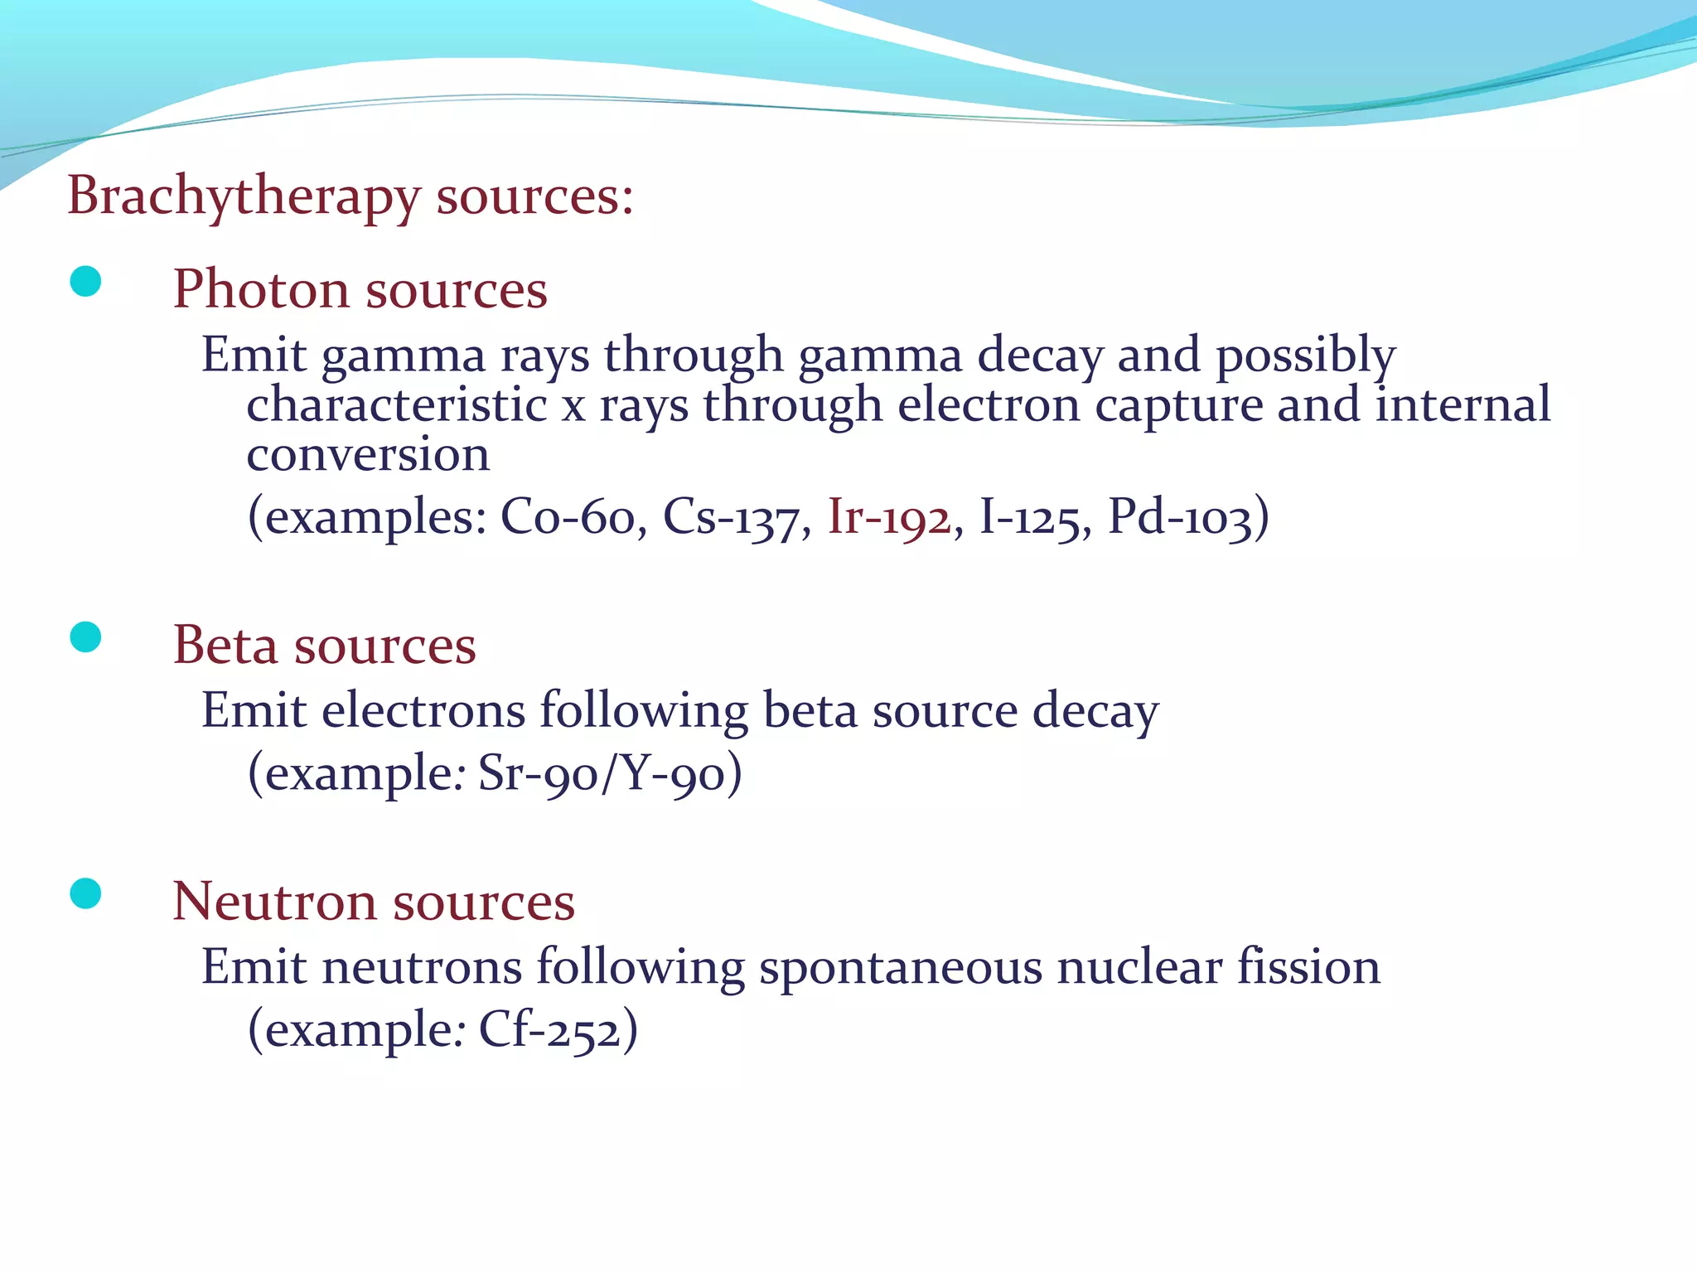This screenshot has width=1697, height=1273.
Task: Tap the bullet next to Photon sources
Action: coord(86,282)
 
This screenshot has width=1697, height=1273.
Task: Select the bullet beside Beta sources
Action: coord(86,637)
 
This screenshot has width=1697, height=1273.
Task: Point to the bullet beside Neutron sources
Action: coord(86,893)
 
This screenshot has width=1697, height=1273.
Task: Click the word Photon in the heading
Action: coord(260,290)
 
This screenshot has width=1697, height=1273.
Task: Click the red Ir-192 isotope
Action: coord(889,518)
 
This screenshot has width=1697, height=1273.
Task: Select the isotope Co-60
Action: coord(568,518)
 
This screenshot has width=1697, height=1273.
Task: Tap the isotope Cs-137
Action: coord(731,518)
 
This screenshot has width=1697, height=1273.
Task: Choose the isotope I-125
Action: coord(1030,518)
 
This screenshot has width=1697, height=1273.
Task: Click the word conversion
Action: coord(368,455)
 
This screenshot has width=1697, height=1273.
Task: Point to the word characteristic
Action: coord(397,405)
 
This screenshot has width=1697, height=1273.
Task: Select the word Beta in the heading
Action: coord(225,646)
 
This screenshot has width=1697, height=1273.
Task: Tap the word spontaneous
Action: coord(900,968)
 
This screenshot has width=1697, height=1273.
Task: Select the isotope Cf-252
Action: coord(549,1030)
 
